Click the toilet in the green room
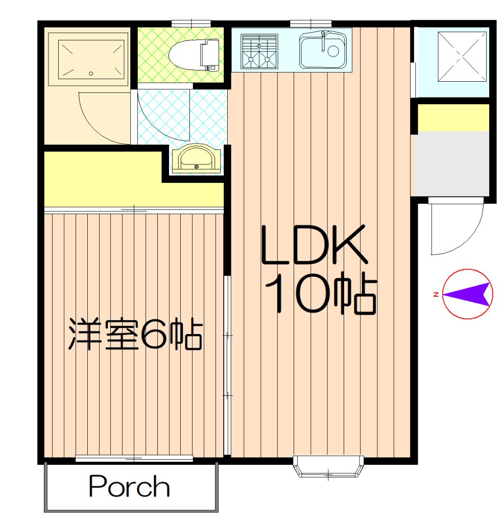pos(194,55)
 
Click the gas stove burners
pos(259,51)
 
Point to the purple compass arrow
pos(468,294)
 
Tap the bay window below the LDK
pos(328,466)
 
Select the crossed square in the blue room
pos(462,56)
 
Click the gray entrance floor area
pos(451,163)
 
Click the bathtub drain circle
pos(91,74)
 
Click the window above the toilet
pos(191,23)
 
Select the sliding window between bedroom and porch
pos(134,459)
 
